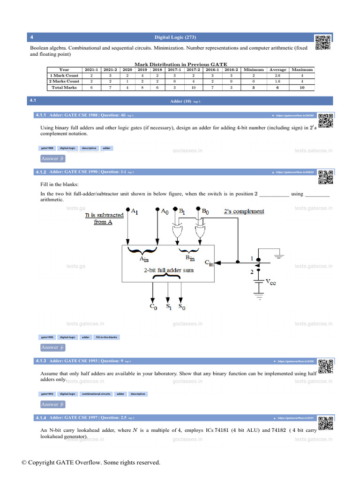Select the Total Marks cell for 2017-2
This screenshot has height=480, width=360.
tap(190, 87)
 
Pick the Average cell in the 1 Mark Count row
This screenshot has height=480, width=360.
tap(277, 75)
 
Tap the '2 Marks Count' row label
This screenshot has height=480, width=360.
tap(64, 81)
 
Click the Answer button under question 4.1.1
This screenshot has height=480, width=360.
tap(52, 158)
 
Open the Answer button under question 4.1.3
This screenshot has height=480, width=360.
tap(52, 404)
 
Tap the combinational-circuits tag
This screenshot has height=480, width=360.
tap(96, 394)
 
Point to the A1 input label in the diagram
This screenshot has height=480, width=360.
tap(134, 212)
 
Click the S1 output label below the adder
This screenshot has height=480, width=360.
tap(169, 307)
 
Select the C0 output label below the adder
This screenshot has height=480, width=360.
tap(153, 307)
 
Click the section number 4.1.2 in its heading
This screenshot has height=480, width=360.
tap(41, 172)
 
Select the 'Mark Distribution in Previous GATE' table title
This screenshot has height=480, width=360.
tap(180, 64)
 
